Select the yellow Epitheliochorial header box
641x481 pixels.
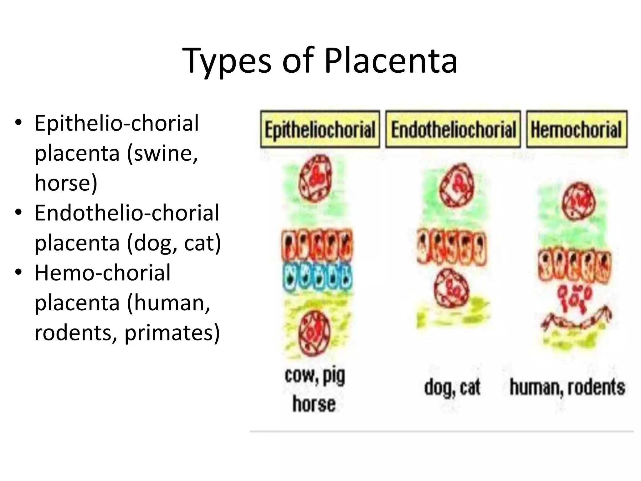coord(320,129)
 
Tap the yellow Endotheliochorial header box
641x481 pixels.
coord(453,129)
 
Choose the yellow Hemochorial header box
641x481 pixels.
coord(577,129)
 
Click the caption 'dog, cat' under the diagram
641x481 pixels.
coord(452,388)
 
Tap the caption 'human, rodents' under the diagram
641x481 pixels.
coord(567,387)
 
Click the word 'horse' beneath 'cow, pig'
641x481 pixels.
coord(314,404)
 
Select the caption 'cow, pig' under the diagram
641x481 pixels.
coord(315,375)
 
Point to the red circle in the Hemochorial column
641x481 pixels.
coord(578,201)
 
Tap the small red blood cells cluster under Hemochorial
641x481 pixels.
coord(574,297)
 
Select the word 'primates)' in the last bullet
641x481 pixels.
coord(172,333)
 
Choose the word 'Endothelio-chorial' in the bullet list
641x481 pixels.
coord(127,213)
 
